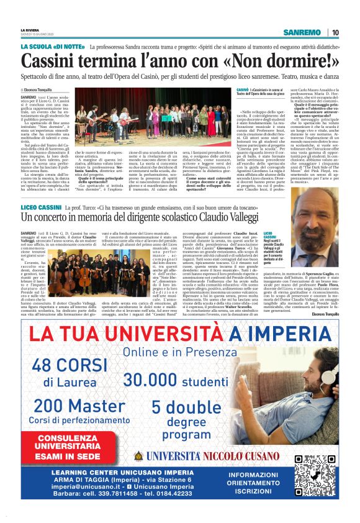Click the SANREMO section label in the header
coord(302,33)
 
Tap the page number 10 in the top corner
coord(335,33)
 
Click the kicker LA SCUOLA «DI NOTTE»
coord(52,47)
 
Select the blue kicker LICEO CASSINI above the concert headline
coord(41,205)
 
